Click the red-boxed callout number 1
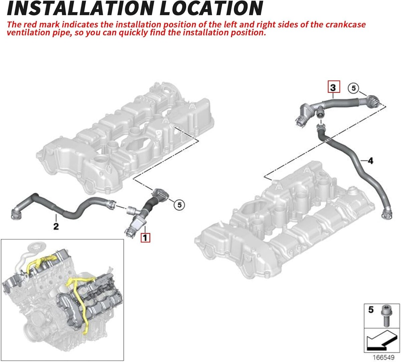145,238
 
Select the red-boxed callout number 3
333,88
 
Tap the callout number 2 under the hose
56,227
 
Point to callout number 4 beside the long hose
370,161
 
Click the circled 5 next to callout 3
354,88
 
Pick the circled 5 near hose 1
179,204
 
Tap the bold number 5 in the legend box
371,310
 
